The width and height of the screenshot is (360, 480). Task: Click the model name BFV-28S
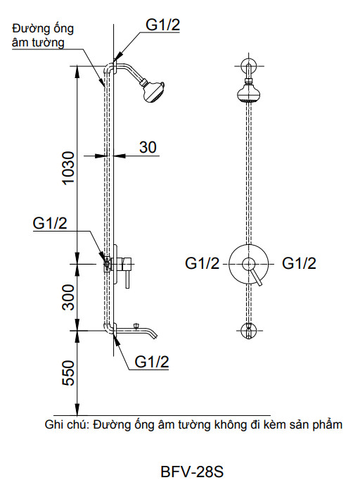click(192, 469)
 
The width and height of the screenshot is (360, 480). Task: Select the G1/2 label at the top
click(163, 25)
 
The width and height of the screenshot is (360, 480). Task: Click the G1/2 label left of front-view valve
click(202, 264)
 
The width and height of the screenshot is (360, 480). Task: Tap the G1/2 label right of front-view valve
click(299, 264)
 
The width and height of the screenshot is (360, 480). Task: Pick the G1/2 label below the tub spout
click(152, 362)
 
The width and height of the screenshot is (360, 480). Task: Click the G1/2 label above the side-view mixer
click(51, 225)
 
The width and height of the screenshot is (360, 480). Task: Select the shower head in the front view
click(248, 93)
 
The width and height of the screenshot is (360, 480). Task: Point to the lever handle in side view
click(127, 281)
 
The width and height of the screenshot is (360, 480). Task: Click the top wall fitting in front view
click(248, 67)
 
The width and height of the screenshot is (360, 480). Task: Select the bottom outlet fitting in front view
click(248, 329)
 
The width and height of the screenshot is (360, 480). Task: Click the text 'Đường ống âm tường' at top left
click(43, 35)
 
